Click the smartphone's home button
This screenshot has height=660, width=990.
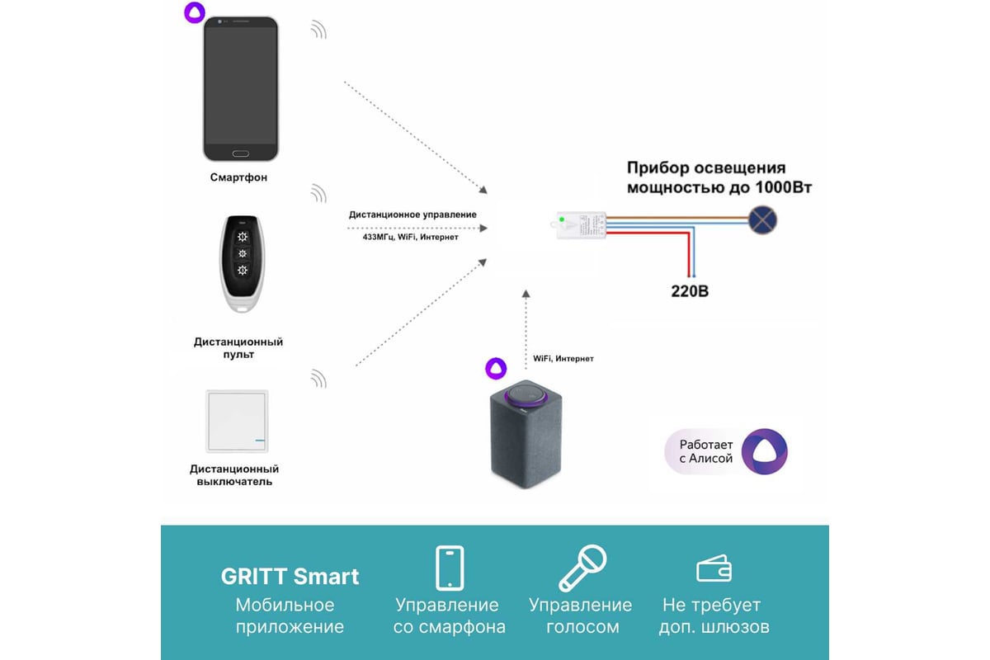[x=240, y=154]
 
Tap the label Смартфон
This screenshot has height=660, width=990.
[x=238, y=177]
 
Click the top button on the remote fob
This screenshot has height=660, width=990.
[x=242, y=236]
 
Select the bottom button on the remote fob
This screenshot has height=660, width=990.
[x=242, y=271]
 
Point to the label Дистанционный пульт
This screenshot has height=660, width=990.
[x=238, y=347]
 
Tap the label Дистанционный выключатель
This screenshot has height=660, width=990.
[x=234, y=475]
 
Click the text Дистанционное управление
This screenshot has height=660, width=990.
[x=412, y=214]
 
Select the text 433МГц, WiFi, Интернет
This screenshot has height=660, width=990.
[x=411, y=237]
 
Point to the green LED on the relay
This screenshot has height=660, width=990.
[x=562, y=219]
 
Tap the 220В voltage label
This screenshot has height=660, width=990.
[x=689, y=291]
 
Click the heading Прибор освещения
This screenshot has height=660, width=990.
[x=706, y=168]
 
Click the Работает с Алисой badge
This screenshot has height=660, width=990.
[x=726, y=450]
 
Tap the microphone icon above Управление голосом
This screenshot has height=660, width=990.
[x=582, y=568]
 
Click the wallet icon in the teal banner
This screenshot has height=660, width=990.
[x=714, y=568]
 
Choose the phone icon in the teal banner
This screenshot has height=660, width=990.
[x=450, y=568]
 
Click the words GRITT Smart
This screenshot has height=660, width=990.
[x=290, y=576]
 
